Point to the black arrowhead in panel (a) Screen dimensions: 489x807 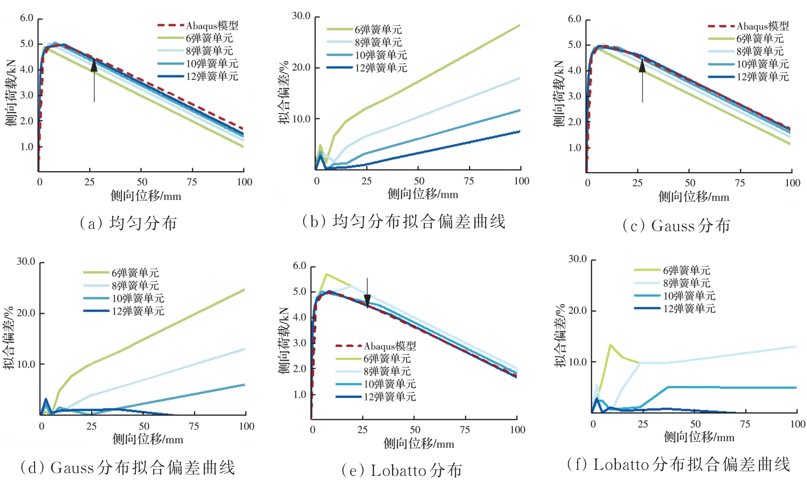point(94,66)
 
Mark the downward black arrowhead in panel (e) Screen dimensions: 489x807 point(367,301)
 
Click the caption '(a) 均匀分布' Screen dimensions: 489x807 point(128,223)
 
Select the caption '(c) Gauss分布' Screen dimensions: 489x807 point(676,226)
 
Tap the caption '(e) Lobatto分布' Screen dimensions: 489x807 point(402,470)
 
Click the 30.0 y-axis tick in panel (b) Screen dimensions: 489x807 point(301,16)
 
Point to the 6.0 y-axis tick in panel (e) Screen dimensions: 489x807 point(299,266)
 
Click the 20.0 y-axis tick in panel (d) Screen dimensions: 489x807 point(26,313)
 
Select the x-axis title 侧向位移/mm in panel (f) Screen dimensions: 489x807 point(699,438)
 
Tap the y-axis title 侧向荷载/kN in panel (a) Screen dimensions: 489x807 point(11,94)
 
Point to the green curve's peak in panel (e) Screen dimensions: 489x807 point(326,274)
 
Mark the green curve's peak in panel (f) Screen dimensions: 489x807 point(610,345)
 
